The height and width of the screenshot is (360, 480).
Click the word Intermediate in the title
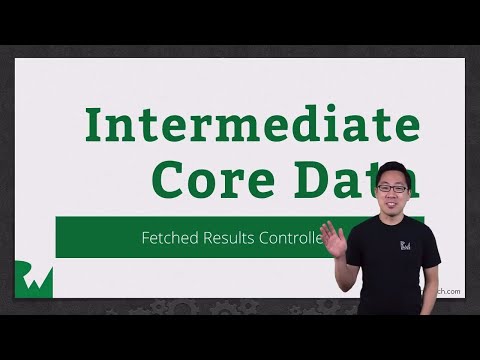(251, 125)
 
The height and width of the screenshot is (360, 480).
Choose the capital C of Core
(170, 181)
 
